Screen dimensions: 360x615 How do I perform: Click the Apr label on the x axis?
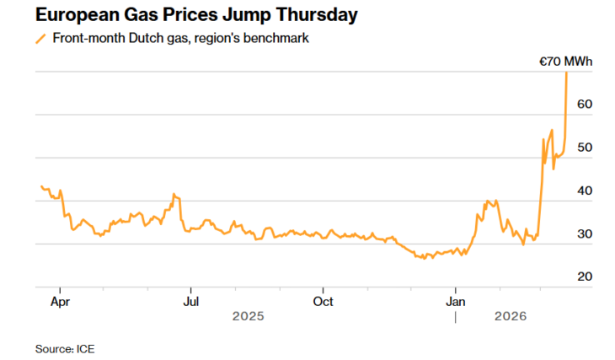point(60,300)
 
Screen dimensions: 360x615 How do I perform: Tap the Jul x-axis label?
point(191,300)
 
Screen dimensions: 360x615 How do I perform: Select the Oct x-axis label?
point(323,300)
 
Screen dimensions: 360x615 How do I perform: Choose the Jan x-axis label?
point(456,300)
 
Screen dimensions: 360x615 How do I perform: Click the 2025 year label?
point(249,316)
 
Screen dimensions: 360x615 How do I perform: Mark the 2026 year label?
point(511,316)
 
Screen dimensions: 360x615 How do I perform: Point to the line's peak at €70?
point(566,73)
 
